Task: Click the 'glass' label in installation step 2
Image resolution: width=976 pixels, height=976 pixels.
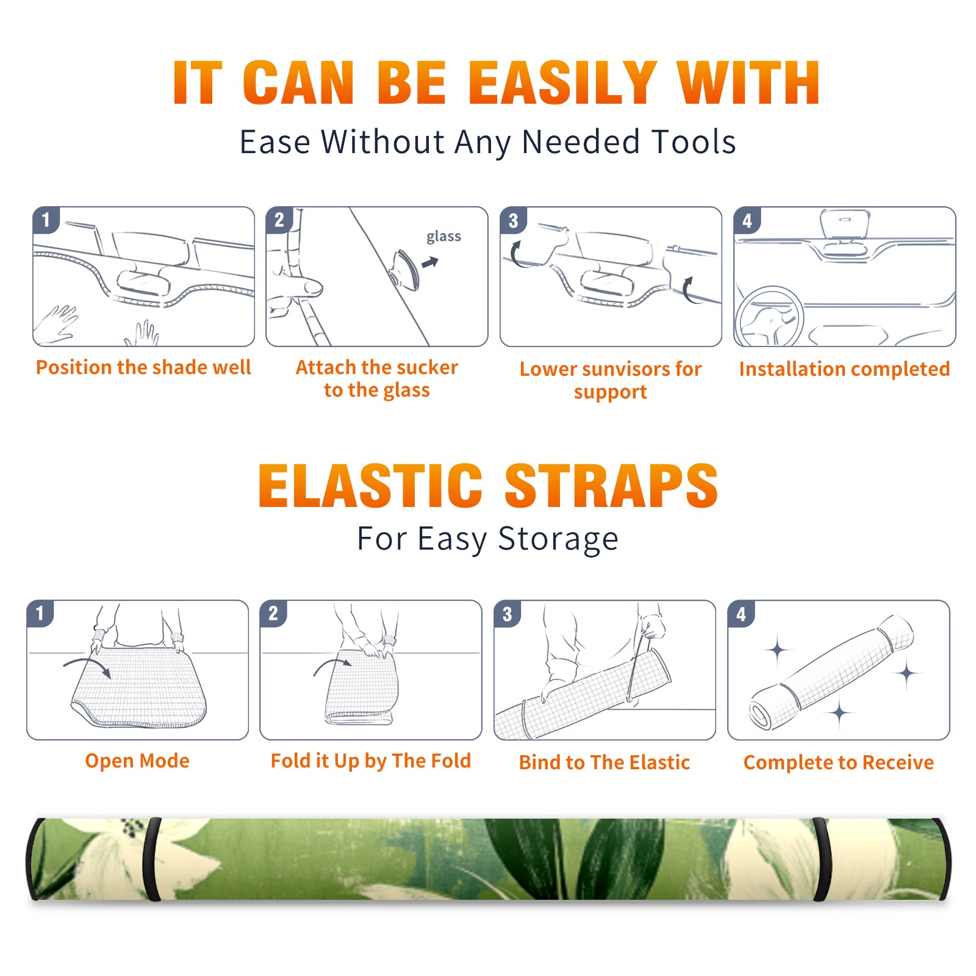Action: pyautogui.click(x=443, y=237)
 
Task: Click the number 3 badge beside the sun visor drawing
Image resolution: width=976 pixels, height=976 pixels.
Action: pyautogui.click(x=513, y=220)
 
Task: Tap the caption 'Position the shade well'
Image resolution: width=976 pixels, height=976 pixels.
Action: pyautogui.click(x=143, y=367)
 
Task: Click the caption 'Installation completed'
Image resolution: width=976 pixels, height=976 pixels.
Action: pyautogui.click(x=844, y=368)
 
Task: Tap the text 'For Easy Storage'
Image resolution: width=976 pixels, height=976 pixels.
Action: pyautogui.click(x=488, y=539)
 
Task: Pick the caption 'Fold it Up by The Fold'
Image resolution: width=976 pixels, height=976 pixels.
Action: pyautogui.click(x=371, y=761)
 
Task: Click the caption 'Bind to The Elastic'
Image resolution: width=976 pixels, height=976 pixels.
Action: pyautogui.click(x=605, y=762)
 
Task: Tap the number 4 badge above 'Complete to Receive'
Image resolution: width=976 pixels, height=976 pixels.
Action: pyautogui.click(x=741, y=614)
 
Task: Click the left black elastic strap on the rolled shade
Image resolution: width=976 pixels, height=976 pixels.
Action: pyautogui.click(x=152, y=859)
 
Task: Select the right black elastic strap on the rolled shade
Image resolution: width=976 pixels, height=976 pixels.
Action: pyautogui.click(x=821, y=859)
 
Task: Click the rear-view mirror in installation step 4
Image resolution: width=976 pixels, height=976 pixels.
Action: pyautogui.click(x=845, y=224)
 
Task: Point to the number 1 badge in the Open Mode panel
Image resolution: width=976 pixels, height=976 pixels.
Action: pyautogui.click(x=40, y=613)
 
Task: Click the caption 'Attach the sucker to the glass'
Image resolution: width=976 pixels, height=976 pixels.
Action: pyautogui.click(x=377, y=378)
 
